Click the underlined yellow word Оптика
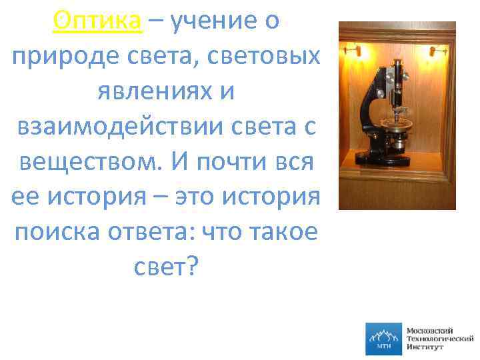pyautogui.click(x=98, y=22)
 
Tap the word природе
pyautogui.click(x=57, y=57)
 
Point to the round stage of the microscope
pyautogui.click(x=400, y=123)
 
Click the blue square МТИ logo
pyautogui.click(x=383, y=339)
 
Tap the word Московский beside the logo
pyautogui.click(x=429, y=330)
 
